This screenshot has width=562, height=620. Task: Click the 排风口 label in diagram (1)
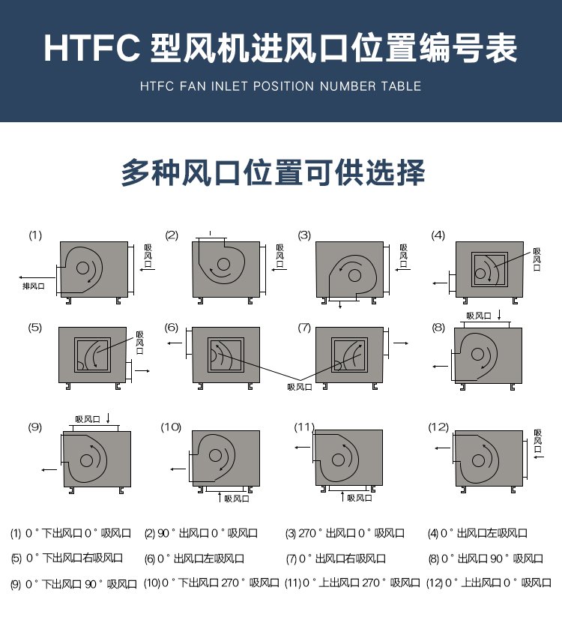tap(34, 286)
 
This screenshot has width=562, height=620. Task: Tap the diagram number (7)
tap(304, 328)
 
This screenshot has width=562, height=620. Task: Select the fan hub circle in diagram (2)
tap(223, 264)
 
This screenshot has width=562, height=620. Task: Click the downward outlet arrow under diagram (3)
tap(340, 304)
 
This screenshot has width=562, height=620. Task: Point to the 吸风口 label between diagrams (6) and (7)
tap(300, 387)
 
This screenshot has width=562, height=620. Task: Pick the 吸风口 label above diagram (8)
tap(479, 316)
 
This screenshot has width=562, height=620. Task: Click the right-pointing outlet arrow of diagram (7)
tap(401, 343)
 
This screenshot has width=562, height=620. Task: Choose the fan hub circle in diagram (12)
tap(479, 460)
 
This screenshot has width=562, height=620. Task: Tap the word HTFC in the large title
tap(91, 48)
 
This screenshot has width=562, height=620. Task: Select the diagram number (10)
tap(171, 427)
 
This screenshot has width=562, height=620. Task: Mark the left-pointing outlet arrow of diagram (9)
tap(49, 470)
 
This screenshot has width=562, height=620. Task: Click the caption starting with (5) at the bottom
tap(67, 559)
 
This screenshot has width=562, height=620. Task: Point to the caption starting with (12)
tap(489, 583)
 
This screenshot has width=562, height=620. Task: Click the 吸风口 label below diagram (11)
tap(360, 498)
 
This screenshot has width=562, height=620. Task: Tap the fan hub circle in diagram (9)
tap(87, 460)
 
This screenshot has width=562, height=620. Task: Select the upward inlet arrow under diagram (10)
tap(220, 497)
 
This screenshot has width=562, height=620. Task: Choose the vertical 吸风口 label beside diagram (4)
tap(537, 259)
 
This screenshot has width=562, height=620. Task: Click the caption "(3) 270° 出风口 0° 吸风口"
tap(345, 533)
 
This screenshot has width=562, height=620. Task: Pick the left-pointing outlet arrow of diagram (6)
tap(175, 343)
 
